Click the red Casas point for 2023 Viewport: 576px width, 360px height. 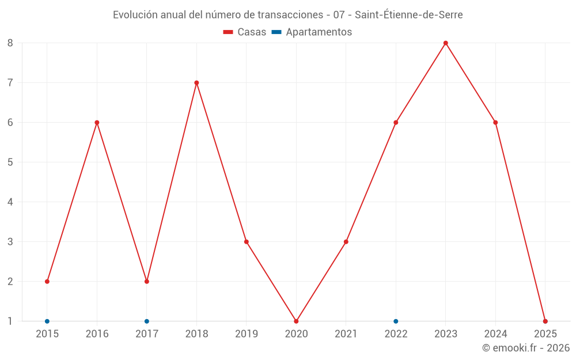pyautogui.click(x=446, y=43)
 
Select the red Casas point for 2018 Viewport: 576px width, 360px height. pyautogui.click(x=196, y=83)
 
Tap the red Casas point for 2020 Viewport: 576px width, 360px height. pyautogui.click(x=296, y=321)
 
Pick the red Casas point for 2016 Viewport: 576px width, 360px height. pyautogui.click(x=97, y=123)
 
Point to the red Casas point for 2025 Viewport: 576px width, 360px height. pyautogui.click(x=545, y=321)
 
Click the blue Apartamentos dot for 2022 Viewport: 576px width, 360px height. pyautogui.click(x=396, y=321)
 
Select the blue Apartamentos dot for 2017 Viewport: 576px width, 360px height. pyautogui.click(x=147, y=321)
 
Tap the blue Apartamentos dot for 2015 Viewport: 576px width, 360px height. pyautogui.click(x=47, y=321)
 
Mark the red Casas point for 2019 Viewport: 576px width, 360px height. pyautogui.click(x=247, y=242)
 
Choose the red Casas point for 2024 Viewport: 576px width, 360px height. pyautogui.click(x=495, y=123)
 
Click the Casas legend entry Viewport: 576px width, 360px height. pyautogui.click(x=245, y=32)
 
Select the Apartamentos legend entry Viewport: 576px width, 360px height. pyautogui.click(x=312, y=32)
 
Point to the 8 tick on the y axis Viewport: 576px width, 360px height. pyautogui.click(x=10, y=43)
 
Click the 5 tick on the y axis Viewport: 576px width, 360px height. pyautogui.click(x=10, y=162)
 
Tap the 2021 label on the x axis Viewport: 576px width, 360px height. pyautogui.click(x=346, y=334)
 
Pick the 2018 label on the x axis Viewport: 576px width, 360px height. pyautogui.click(x=196, y=334)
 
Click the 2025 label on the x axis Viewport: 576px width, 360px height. pyautogui.click(x=545, y=334)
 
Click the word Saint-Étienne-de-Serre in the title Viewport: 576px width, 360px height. pyautogui.click(x=408, y=15)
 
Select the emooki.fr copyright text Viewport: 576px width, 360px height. pyautogui.click(x=526, y=348)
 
